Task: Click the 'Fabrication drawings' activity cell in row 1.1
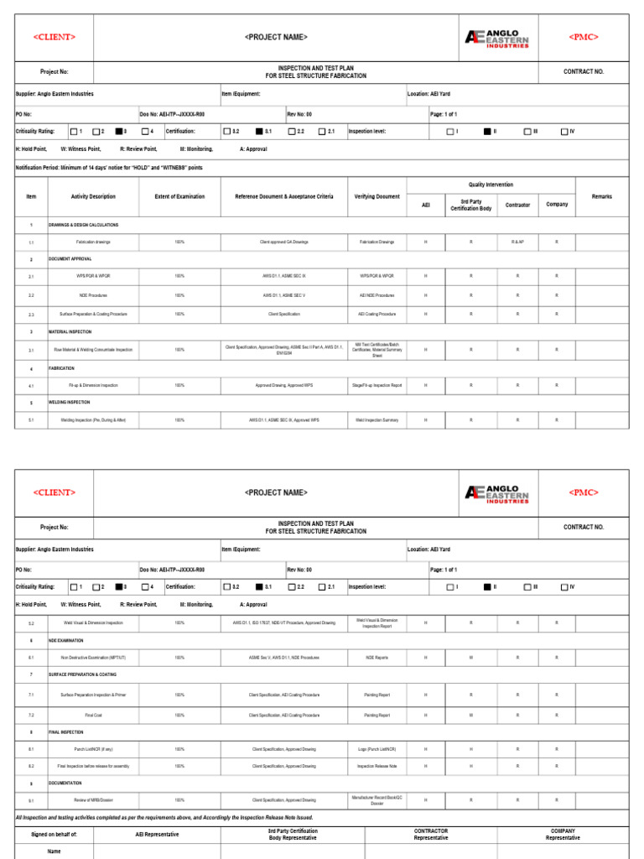(93, 242)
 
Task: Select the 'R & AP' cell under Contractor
(517, 242)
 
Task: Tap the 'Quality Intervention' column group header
(491, 185)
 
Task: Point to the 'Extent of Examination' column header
(179, 196)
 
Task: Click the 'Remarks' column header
(601, 196)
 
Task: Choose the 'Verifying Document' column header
(377, 196)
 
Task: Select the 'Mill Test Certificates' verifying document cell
(377, 349)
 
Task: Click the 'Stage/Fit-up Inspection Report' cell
(377, 385)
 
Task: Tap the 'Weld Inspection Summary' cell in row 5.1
(377, 419)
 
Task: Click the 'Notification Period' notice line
(109, 168)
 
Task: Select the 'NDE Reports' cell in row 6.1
(377, 658)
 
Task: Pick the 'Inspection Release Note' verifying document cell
(377, 766)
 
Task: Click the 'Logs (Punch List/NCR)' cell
(377, 748)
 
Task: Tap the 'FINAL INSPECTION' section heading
(66, 731)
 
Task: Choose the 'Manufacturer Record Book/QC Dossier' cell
(377, 799)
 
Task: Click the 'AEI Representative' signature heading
(157, 835)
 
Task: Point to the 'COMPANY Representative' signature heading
(563, 834)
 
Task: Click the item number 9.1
(31, 800)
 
